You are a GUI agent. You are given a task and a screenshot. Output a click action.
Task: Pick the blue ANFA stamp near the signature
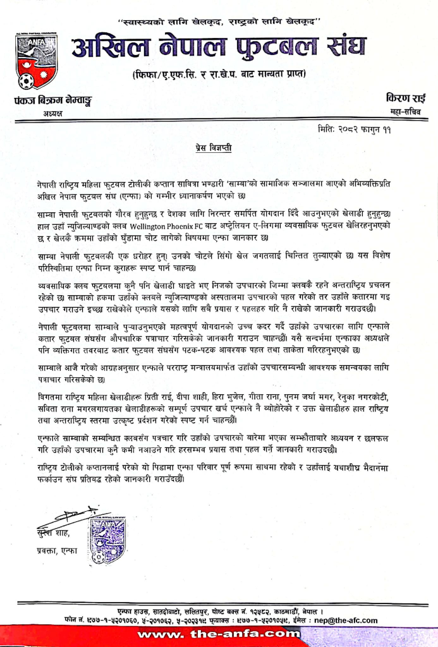pos(108,540)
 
